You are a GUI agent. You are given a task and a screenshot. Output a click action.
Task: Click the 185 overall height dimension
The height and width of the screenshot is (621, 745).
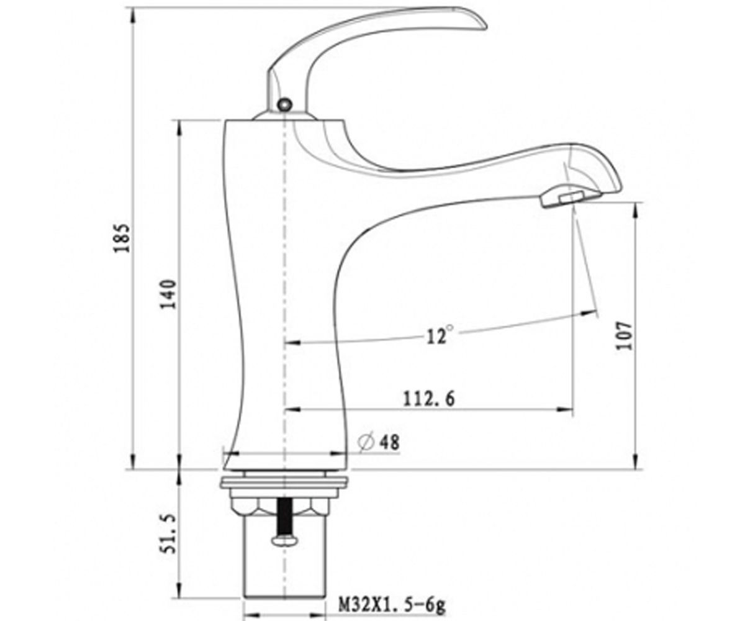coord(122,238)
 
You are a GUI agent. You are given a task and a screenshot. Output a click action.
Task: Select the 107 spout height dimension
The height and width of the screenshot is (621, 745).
coord(624,335)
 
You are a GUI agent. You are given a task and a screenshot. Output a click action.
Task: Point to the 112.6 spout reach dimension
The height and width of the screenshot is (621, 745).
coord(429,399)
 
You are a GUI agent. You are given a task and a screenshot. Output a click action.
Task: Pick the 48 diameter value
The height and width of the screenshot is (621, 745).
coord(389,443)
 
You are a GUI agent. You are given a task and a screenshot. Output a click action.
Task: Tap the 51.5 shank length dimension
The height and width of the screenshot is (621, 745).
coord(168,533)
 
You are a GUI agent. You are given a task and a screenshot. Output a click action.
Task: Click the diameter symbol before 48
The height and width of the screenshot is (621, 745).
coord(366,443)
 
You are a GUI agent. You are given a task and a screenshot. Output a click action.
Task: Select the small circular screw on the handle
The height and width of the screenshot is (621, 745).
coord(285,104)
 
